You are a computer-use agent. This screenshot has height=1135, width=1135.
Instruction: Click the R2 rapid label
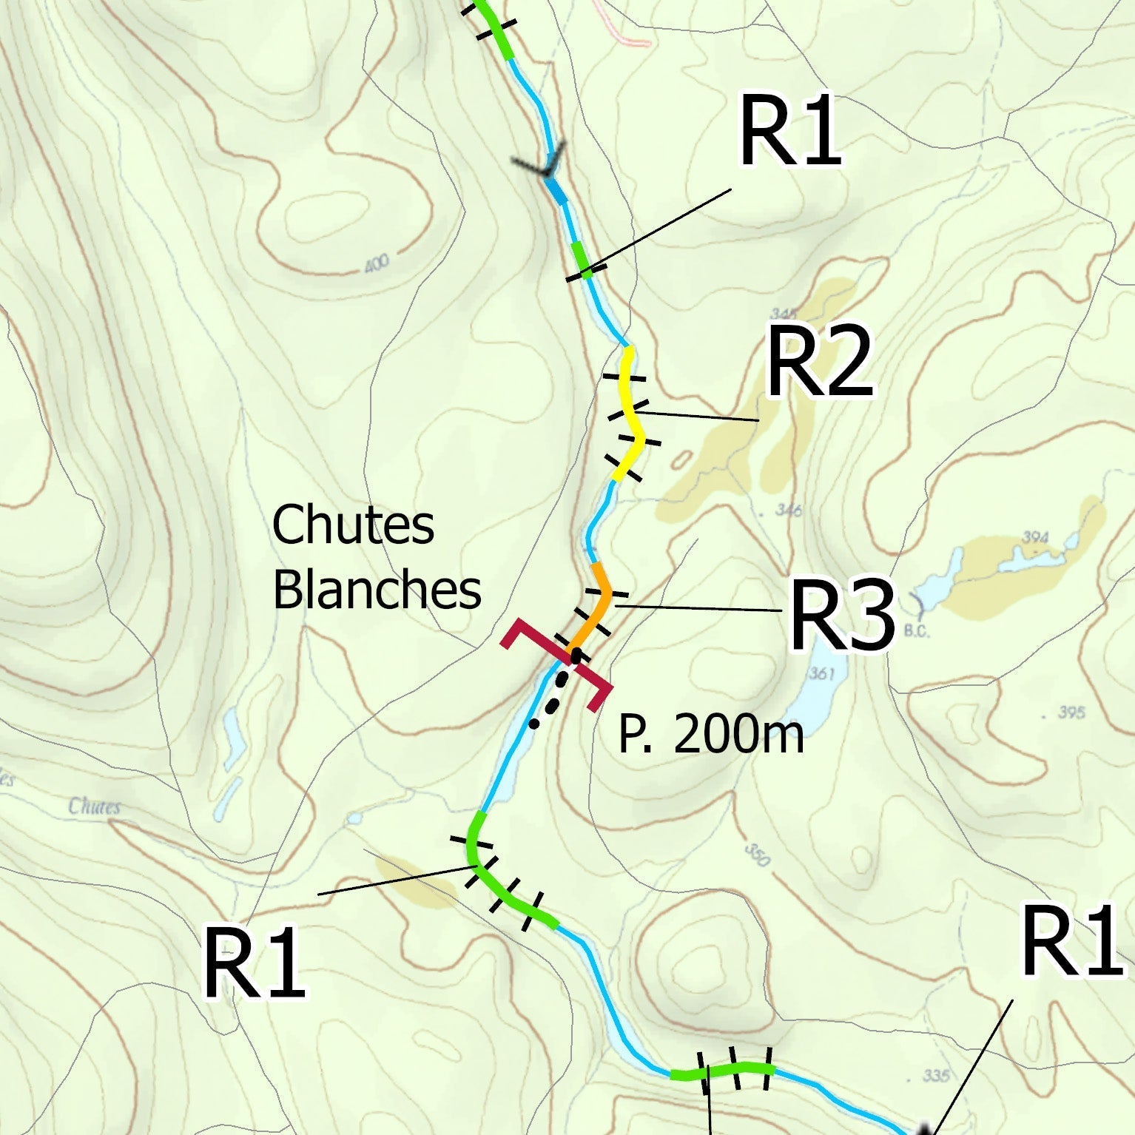820,364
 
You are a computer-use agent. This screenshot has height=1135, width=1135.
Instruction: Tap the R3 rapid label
842,616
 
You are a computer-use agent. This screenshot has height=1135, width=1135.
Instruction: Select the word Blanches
377,590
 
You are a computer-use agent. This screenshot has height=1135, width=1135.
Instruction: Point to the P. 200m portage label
710,735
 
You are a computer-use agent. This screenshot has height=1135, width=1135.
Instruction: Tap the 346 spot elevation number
788,510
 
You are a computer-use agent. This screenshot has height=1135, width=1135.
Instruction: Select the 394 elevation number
1034,536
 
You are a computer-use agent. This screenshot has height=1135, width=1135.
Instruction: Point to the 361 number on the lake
822,673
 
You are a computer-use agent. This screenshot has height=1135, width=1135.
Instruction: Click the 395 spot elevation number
1071,712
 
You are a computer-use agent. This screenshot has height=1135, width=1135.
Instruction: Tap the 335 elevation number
936,1075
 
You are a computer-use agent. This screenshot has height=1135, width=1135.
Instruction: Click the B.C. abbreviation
917,632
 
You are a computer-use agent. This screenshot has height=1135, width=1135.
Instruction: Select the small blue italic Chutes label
95,806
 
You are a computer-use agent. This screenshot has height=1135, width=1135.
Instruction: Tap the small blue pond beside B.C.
926,592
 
